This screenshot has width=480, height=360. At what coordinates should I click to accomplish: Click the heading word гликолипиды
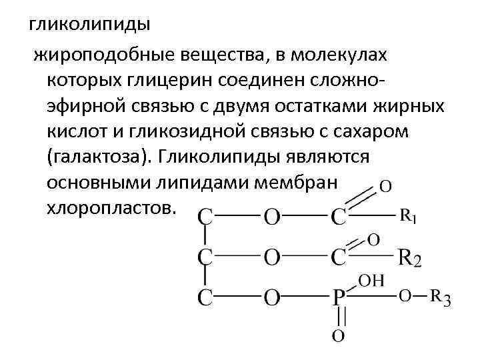pyautogui.click(x=89, y=25)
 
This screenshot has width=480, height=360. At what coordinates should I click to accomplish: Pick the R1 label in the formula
pyautogui.click(x=409, y=216)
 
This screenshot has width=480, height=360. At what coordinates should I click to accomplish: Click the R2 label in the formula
pyautogui.click(x=409, y=259)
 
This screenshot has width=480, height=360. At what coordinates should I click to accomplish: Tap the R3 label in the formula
pyautogui.click(x=440, y=298)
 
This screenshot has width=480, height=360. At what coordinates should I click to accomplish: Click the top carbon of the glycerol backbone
pyautogui.click(x=207, y=217)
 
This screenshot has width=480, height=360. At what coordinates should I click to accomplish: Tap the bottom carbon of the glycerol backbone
pyautogui.click(x=207, y=298)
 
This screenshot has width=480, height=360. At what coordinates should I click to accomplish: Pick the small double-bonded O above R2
pyautogui.click(x=373, y=238)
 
